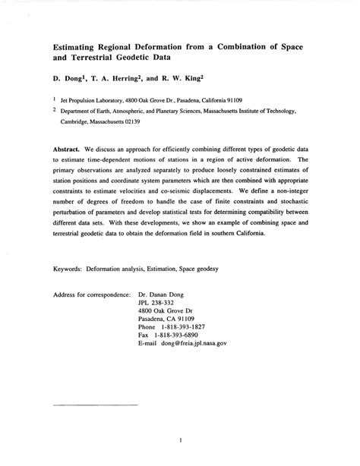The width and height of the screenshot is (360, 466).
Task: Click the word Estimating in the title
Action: point(78,46)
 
